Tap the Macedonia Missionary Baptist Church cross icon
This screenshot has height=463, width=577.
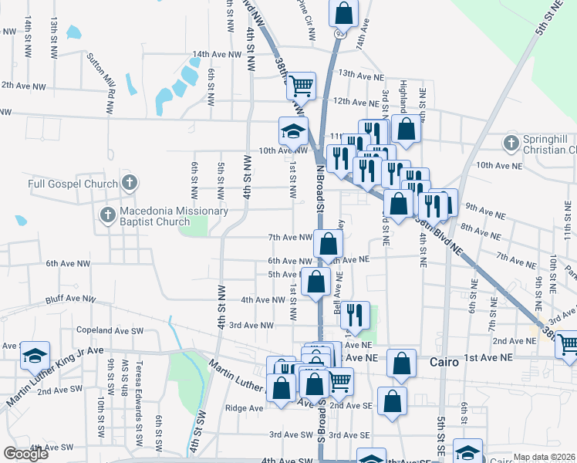tap(108, 213)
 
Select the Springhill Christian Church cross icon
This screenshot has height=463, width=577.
tap(510, 144)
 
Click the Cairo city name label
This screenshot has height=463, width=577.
tap(444, 360)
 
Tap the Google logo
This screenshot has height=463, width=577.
tap(25, 454)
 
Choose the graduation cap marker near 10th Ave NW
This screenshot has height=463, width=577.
tap(293, 131)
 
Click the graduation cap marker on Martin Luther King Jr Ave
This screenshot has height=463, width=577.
tap(35, 355)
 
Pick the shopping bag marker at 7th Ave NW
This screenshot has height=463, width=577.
tap(329, 244)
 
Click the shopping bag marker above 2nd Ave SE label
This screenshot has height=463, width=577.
tap(393, 401)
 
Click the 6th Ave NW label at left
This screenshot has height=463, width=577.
tap(68, 264)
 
